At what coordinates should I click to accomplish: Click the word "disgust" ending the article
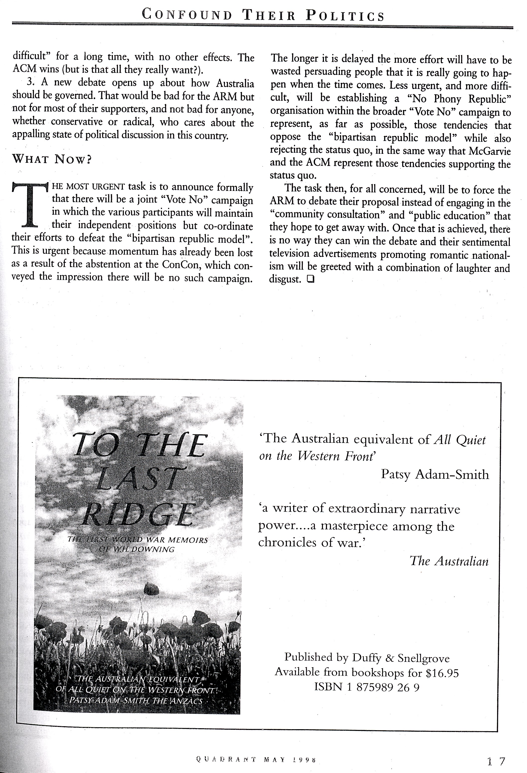[x=285, y=279]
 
